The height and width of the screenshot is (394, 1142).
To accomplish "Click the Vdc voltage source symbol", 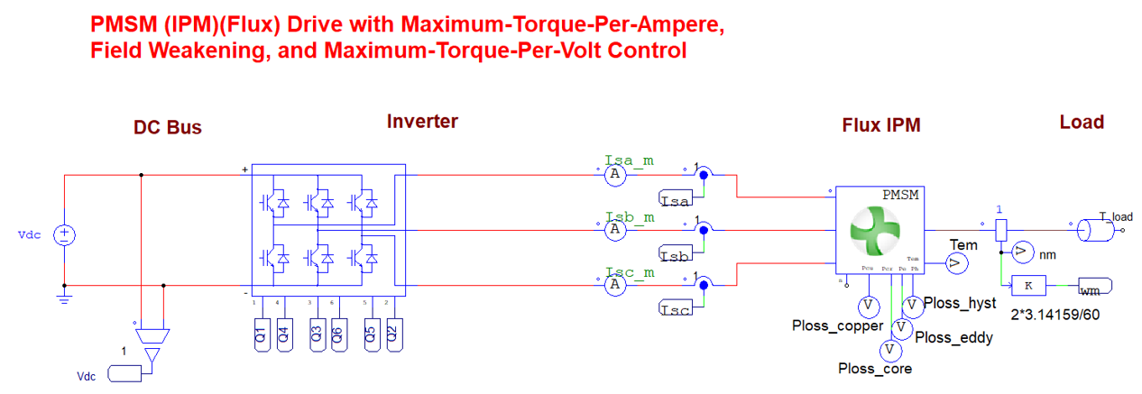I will [65, 235].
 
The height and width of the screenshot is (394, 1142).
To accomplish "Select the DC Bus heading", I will [168, 128].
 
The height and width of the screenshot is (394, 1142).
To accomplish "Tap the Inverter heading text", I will [422, 121].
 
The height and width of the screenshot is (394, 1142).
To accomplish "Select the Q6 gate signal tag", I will [339, 335].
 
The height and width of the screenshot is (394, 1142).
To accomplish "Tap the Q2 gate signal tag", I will [392, 335].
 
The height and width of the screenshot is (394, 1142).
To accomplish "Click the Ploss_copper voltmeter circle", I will [867, 307].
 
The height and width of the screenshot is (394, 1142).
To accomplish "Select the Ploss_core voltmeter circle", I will [889, 349].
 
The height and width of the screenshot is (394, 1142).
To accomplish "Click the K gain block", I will [1028, 286].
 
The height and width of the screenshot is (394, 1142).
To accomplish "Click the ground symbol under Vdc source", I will [65, 298].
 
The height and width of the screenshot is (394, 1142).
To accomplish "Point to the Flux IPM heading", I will [880, 125].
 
